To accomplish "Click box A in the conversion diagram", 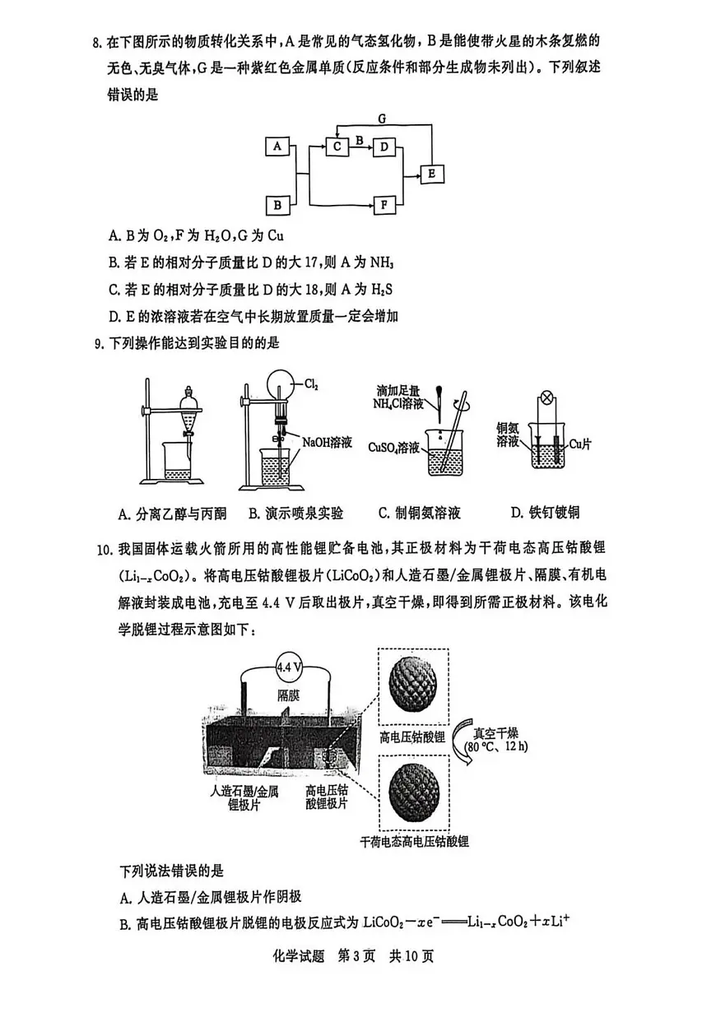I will point(277,146).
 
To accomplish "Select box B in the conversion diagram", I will point(277,204).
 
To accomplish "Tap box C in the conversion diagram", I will point(337,146).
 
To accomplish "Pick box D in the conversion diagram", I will point(384,146).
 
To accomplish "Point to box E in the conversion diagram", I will point(432,174).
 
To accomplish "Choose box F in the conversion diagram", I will point(384,204).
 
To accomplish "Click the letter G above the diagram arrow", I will point(382,119).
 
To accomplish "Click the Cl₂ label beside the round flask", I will point(311,383).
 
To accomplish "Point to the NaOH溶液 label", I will point(327,443).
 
